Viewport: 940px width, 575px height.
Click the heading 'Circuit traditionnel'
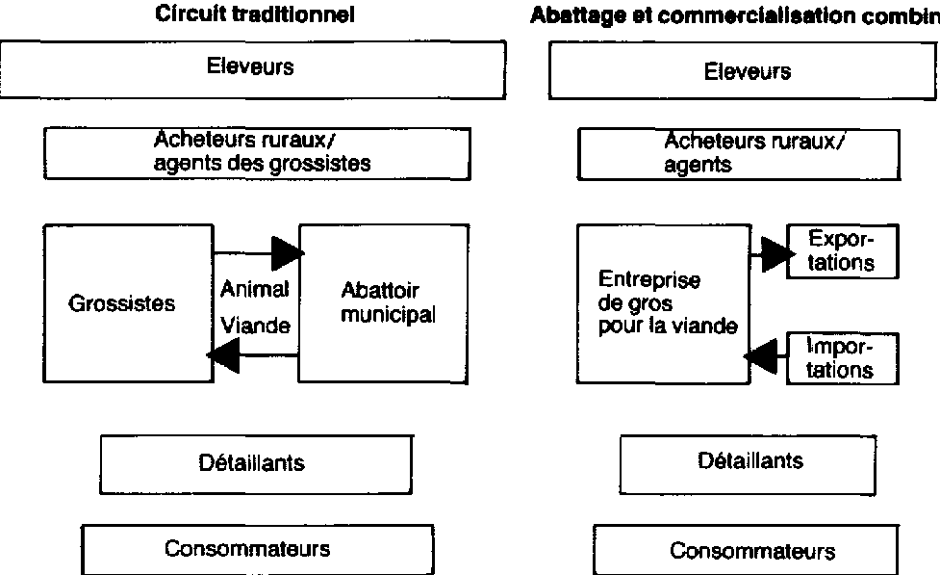(255, 15)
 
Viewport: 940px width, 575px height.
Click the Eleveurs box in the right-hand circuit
(743, 71)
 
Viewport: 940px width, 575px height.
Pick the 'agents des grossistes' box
(257, 153)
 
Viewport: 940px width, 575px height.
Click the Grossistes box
(127, 303)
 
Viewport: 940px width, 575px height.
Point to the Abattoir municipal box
(385, 303)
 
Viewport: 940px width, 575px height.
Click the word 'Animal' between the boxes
(255, 288)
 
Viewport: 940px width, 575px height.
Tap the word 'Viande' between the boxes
(255, 326)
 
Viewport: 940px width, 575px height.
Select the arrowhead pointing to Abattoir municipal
(287, 253)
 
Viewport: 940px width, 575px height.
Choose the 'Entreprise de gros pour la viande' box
(662, 303)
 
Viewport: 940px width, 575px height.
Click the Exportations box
(841, 251)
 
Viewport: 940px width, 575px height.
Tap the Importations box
(841, 357)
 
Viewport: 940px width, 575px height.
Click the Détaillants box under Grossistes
(258, 463)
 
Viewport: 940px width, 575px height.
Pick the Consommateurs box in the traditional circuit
(248, 549)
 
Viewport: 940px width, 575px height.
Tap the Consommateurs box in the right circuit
(751, 551)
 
